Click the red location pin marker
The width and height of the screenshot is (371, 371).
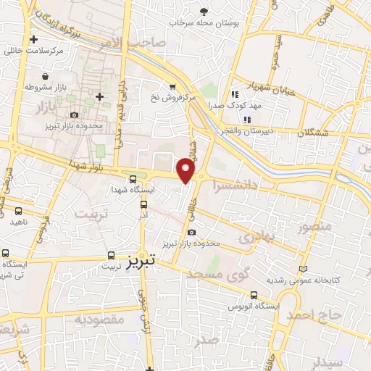pos(186,171)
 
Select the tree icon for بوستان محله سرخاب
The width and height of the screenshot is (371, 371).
pos(204,11)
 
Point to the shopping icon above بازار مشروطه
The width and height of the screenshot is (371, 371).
pos(46,75)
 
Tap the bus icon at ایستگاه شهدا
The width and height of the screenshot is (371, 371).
pos(132,179)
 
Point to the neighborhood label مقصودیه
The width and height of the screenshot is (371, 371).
pos(100,319)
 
